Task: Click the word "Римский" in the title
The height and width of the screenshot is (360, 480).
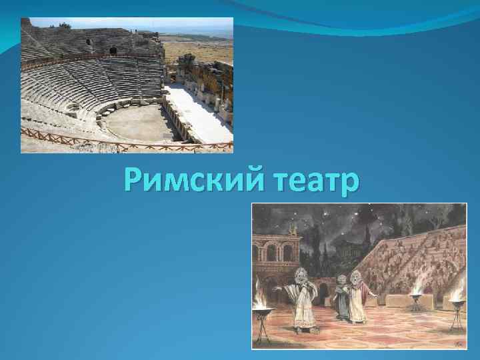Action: coord(186,180)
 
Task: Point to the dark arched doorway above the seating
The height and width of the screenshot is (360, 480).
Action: coord(113,51)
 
